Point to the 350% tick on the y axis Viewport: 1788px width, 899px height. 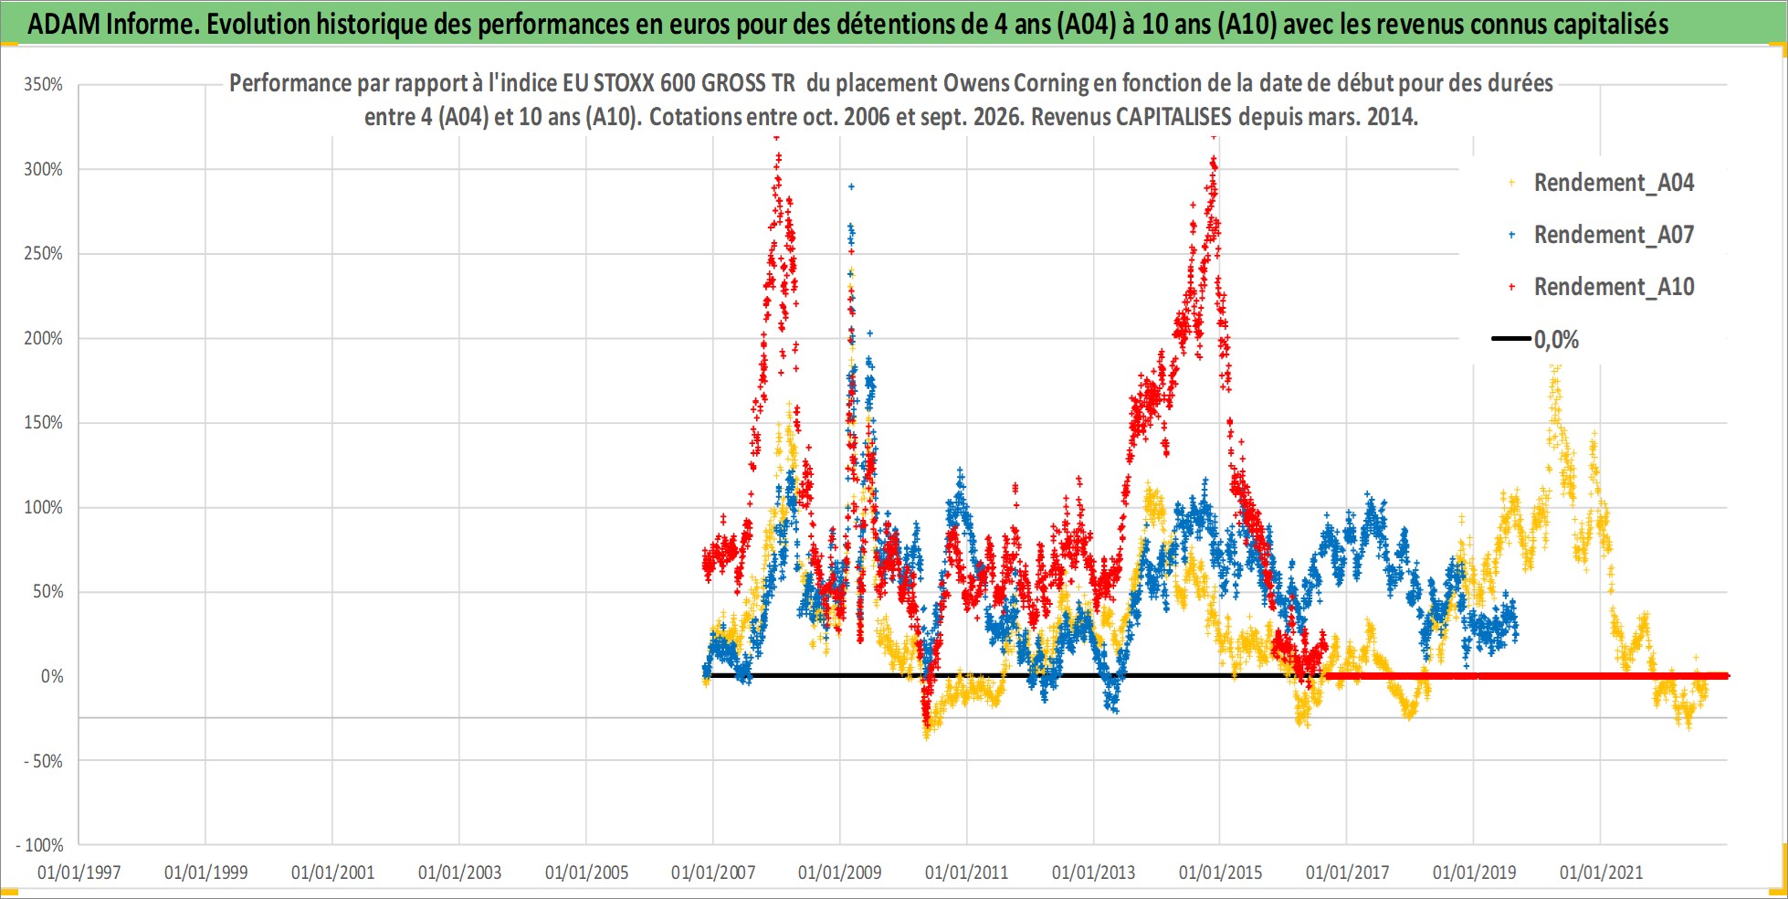click(x=43, y=85)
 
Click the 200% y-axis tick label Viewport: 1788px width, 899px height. click(x=43, y=338)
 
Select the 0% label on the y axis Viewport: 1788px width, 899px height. click(x=52, y=676)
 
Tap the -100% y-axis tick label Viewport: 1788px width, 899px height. click(x=40, y=845)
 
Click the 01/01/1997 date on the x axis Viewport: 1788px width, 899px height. click(x=79, y=873)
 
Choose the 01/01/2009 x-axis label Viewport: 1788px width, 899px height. click(x=840, y=873)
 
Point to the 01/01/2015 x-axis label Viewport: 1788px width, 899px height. click(x=1221, y=873)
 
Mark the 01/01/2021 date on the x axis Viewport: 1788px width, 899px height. click(x=1601, y=873)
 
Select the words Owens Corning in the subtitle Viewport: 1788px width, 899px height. click(x=1016, y=83)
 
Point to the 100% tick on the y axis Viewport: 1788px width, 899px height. click(x=43, y=507)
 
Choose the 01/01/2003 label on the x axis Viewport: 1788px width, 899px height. click(x=460, y=873)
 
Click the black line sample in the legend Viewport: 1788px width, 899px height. click(x=1510, y=339)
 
